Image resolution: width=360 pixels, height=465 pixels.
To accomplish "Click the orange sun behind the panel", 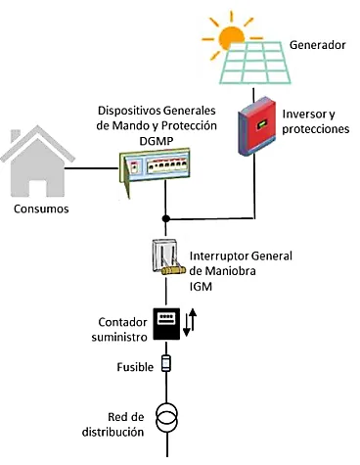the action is pos(231,37).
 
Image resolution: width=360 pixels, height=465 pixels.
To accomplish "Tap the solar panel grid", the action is pos(255,63).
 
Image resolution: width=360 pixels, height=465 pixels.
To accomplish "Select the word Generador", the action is pos(317,45).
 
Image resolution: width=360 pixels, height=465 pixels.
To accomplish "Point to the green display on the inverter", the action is pos(262,124).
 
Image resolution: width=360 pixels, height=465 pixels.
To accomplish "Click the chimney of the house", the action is pos(16,136).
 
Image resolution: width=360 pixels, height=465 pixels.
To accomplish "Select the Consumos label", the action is pos(41,209).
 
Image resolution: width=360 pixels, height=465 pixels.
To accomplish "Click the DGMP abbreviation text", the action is pos(157,141).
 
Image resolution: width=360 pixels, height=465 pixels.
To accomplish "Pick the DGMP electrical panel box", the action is pos(155,171).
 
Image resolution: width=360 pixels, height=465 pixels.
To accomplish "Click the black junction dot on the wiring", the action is pos(166,218).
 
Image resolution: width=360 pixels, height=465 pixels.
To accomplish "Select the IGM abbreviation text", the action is pos(201,287).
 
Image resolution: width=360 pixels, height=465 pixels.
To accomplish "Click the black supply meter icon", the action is pos(166,324).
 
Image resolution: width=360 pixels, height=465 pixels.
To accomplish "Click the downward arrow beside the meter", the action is pos(187,325).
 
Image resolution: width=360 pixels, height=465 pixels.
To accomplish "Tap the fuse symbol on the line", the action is pos(166,363).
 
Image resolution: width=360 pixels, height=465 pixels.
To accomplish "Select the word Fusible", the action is pos(135,367).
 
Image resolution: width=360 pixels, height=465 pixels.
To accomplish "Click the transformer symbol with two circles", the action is pos(166,417).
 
